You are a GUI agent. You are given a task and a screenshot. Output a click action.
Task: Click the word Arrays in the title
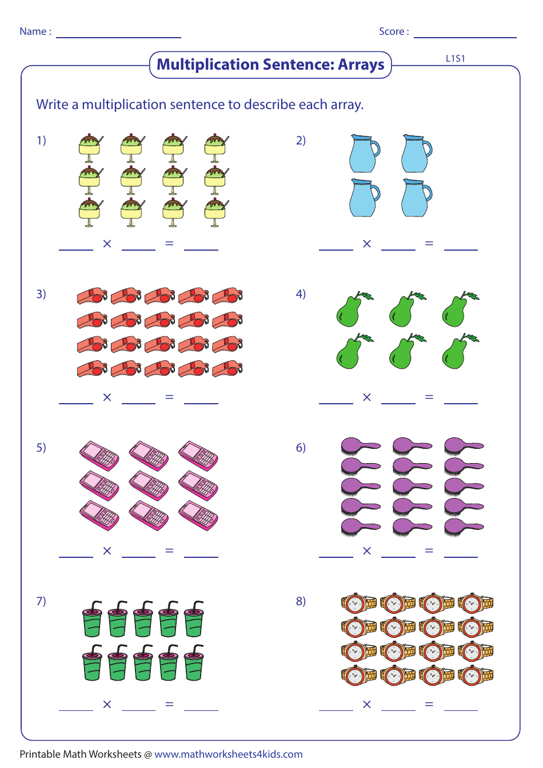[x=361, y=65]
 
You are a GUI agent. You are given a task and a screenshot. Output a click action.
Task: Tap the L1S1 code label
[x=455, y=59]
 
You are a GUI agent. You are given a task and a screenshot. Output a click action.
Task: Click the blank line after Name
[x=118, y=37]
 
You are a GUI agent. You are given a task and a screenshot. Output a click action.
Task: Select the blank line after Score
[x=465, y=37]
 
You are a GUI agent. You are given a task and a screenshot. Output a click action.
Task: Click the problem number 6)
[x=301, y=448]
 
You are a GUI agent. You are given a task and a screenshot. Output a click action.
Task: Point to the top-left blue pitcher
[x=365, y=153]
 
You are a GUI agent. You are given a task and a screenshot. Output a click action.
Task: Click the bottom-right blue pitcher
[x=417, y=198]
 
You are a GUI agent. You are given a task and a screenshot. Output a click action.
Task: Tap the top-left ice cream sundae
[x=90, y=148]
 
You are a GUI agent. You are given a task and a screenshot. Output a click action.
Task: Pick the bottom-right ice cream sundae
[x=216, y=212]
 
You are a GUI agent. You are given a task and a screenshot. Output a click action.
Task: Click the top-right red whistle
[x=227, y=296]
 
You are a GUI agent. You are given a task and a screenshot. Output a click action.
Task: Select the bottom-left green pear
[x=354, y=351]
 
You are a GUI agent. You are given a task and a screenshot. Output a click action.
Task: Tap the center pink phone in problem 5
[x=149, y=485]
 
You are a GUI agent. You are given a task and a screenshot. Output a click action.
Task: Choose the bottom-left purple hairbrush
[x=361, y=527]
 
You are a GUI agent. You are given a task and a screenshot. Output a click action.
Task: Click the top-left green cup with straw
[x=93, y=619]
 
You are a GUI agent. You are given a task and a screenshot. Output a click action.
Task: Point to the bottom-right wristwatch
[x=476, y=675]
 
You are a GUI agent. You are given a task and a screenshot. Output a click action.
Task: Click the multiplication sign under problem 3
[x=107, y=397]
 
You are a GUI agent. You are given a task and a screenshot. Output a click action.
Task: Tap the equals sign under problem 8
[x=429, y=704]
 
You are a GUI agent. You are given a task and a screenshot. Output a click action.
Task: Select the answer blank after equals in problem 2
[x=461, y=250]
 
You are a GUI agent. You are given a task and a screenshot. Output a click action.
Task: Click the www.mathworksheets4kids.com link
[x=229, y=754]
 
